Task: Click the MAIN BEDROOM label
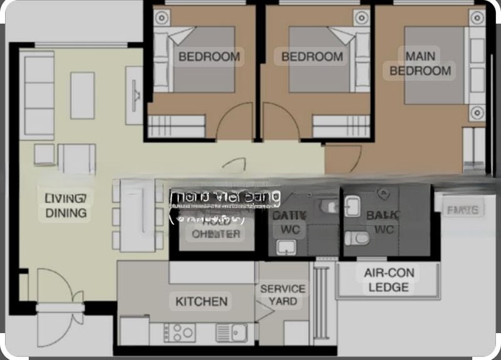click(x=420, y=63)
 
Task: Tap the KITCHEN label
click(x=201, y=301)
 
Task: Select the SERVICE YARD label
click(x=282, y=295)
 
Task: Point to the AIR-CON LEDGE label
click(x=388, y=280)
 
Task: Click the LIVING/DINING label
click(x=66, y=205)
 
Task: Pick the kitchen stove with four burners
click(x=181, y=332)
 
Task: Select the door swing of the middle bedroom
click(x=279, y=122)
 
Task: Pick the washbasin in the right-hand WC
click(x=353, y=206)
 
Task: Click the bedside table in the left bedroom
click(x=162, y=18)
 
